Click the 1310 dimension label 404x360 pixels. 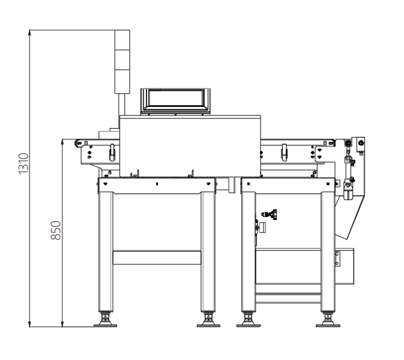point(23,163)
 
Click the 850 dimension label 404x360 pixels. point(56,230)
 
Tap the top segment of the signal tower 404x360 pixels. point(122,40)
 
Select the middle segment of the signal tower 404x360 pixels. point(122,60)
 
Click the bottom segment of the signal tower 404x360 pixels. point(122,81)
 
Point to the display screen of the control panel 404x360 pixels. point(175,98)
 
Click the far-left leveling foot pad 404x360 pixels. point(105,326)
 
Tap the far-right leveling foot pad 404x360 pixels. point(328,326)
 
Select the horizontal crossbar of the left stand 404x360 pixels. point(157,257)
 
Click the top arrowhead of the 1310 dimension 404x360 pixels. point(29,32)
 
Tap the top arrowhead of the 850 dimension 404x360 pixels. point(62,141)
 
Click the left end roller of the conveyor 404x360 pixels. point(78,143)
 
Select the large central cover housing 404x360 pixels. point(190,146)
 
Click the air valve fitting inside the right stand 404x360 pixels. point(270,215)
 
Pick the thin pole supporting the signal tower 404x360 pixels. point(122,104)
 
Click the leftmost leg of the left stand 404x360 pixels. point(106,252)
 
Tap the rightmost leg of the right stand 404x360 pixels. point(328,252)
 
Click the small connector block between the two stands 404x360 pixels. point(232,185)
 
